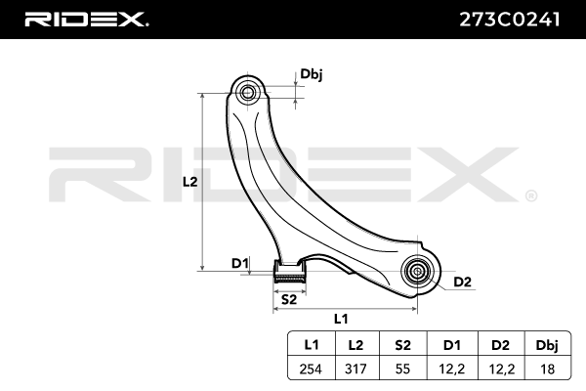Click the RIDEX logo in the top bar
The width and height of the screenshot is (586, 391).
click(x=87, y=19)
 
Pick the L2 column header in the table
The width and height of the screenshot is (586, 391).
click(x=355, y=343)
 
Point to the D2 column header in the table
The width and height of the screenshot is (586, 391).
click(x=500, y=343)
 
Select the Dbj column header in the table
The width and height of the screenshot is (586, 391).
click(x=547, y=343)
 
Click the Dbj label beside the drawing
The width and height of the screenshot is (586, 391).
click(x=312, y=73)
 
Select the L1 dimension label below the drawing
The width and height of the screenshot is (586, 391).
click(x=341, y=318)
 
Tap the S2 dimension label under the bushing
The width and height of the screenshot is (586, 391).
click(x=288, y=299)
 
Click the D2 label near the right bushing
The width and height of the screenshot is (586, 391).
click(x=462, y=282)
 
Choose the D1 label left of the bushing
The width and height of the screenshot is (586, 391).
click(x=238, y=262)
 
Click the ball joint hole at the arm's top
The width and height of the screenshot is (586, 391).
click(x=247, y=93)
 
